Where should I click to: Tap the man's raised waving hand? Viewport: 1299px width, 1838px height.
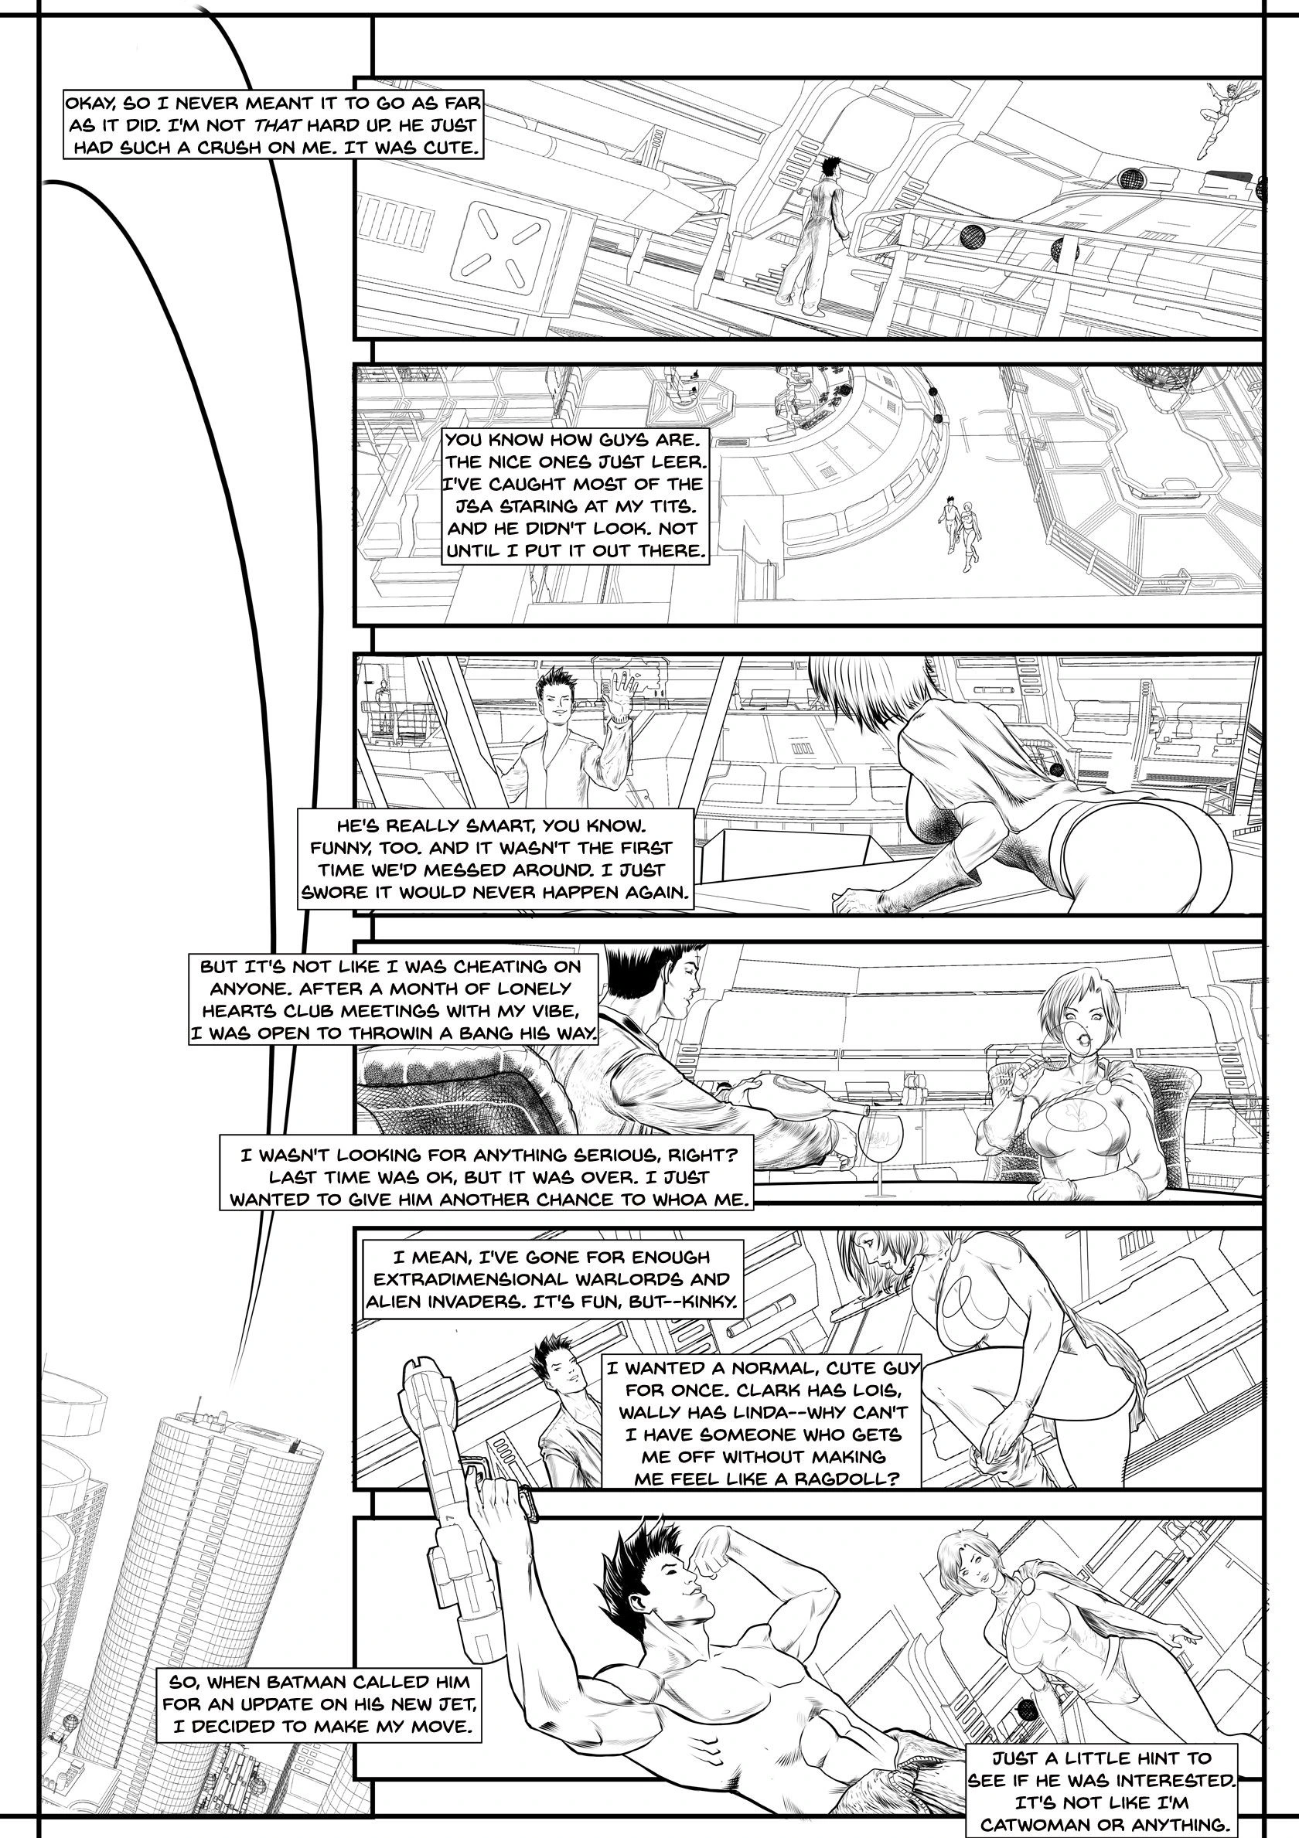[x=619, y=693]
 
